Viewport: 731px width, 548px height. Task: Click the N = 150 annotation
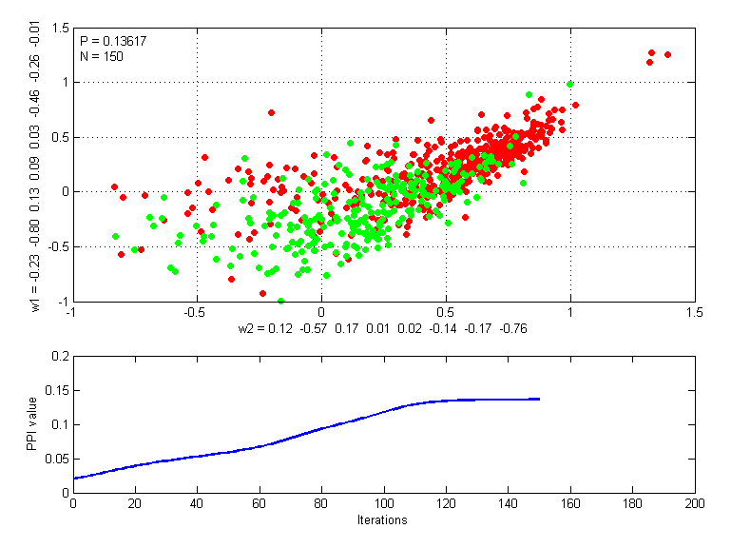pos(101,56)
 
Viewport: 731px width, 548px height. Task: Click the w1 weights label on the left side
pos(34,165)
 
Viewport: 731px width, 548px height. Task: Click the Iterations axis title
pos(382,520)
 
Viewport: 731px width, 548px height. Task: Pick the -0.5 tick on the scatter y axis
pos(54,246)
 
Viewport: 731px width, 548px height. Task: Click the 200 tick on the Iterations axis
pos(694,503)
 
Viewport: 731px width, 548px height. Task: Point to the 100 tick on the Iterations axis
pos(383,503)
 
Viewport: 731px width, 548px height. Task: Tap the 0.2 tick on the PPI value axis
pos(59,357)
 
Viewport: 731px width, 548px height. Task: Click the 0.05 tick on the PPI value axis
pos(56,459)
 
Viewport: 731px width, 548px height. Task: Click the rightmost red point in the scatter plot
pos(667,55)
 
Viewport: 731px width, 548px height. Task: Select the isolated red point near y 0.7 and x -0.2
pos(271,112)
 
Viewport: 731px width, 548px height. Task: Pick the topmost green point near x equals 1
pos(569,84)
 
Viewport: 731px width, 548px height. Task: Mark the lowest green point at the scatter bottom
pos(280,301)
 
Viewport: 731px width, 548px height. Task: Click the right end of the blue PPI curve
pos(539,399)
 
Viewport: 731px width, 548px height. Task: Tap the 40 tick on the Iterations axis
pos(197,503)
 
